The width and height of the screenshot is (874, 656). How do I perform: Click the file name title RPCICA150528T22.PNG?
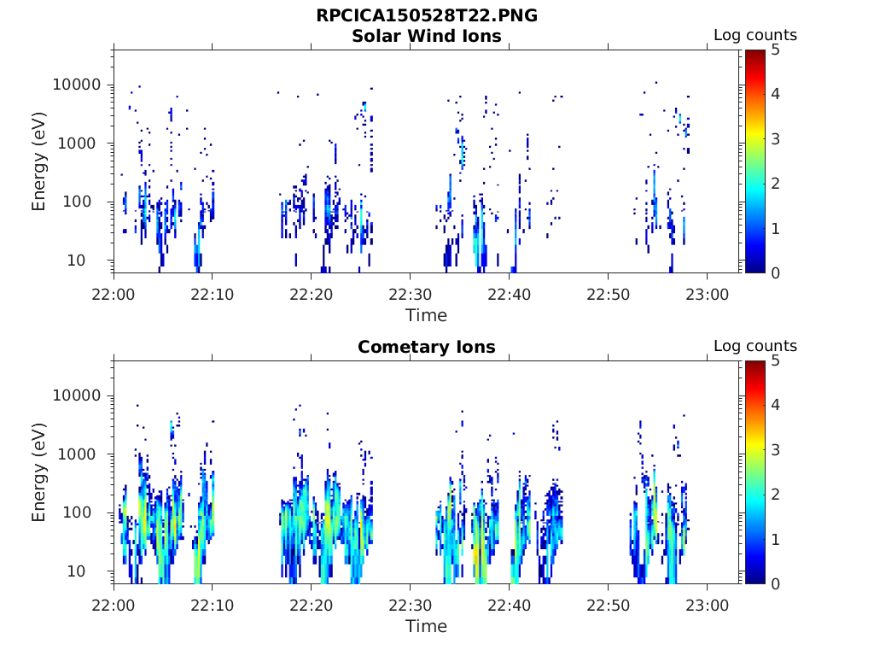pos(426,15)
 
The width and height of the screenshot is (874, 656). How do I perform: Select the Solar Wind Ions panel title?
pos(426,36)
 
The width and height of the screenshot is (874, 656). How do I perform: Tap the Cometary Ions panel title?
pos(426,347)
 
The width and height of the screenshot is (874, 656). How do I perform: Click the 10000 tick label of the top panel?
pos(78,85)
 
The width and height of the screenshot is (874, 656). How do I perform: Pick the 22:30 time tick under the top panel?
pos(411,293)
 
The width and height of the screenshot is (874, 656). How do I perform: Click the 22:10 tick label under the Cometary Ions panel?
pos(213,604)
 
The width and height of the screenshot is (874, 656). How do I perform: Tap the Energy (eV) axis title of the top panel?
pos(39,161)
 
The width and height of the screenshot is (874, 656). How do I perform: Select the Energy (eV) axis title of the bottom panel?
pos(39,471)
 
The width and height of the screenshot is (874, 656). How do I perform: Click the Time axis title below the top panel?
pos(426,315)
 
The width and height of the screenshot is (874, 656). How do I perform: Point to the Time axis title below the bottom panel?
pos(426,626)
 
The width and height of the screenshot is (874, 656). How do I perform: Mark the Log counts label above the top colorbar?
pos(755,35)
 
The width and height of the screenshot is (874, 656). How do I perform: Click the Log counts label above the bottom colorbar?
pos(755,346)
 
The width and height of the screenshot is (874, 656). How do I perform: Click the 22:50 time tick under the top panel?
pos(608,293)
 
